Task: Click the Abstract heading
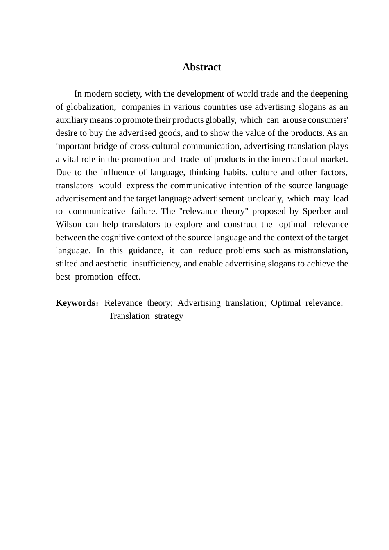click(x=201, y=67)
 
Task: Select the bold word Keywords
click(x=75, y=303)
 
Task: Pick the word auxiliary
click(x=72, y=120)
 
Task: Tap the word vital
click(x=71, y=160)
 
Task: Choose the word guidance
click(x=145, y=251)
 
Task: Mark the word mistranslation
click(x=323, y=251)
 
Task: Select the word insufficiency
click(x=156, y=264)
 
